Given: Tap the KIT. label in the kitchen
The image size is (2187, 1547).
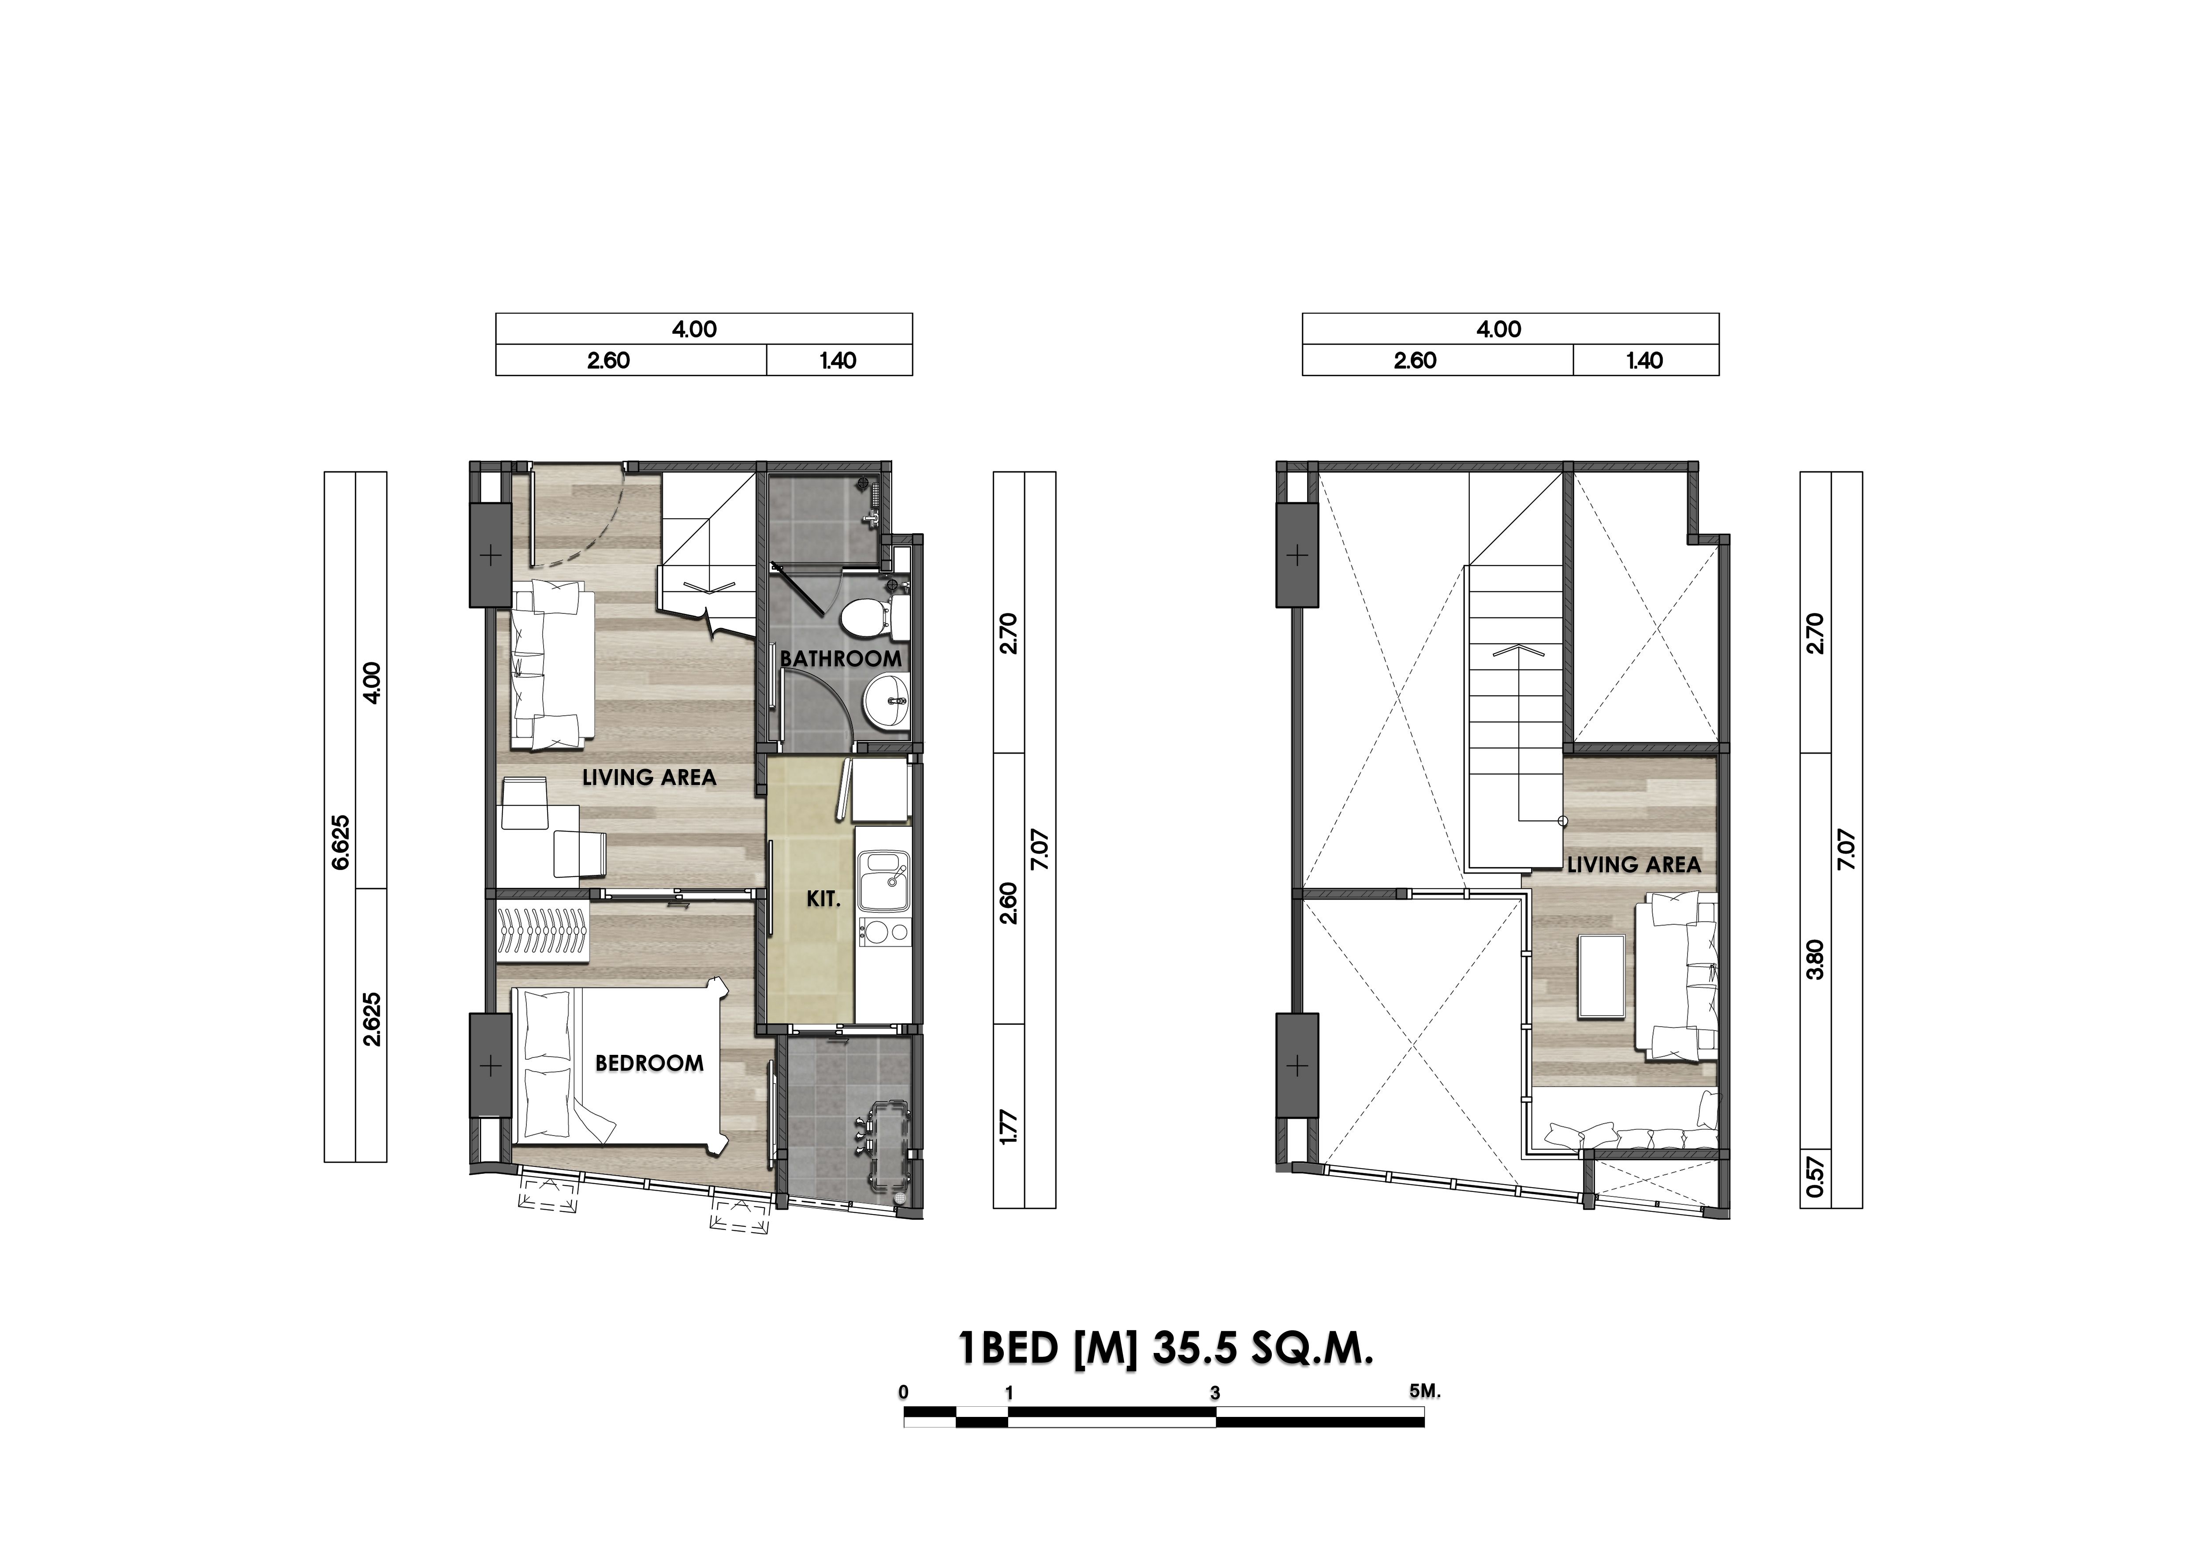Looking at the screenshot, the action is click(824, 899).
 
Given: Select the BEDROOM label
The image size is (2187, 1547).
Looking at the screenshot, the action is click(650, 1063).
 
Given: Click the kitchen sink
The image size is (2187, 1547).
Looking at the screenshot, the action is click(884, 881).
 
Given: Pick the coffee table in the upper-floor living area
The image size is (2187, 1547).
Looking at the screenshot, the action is click(1602, 976).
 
